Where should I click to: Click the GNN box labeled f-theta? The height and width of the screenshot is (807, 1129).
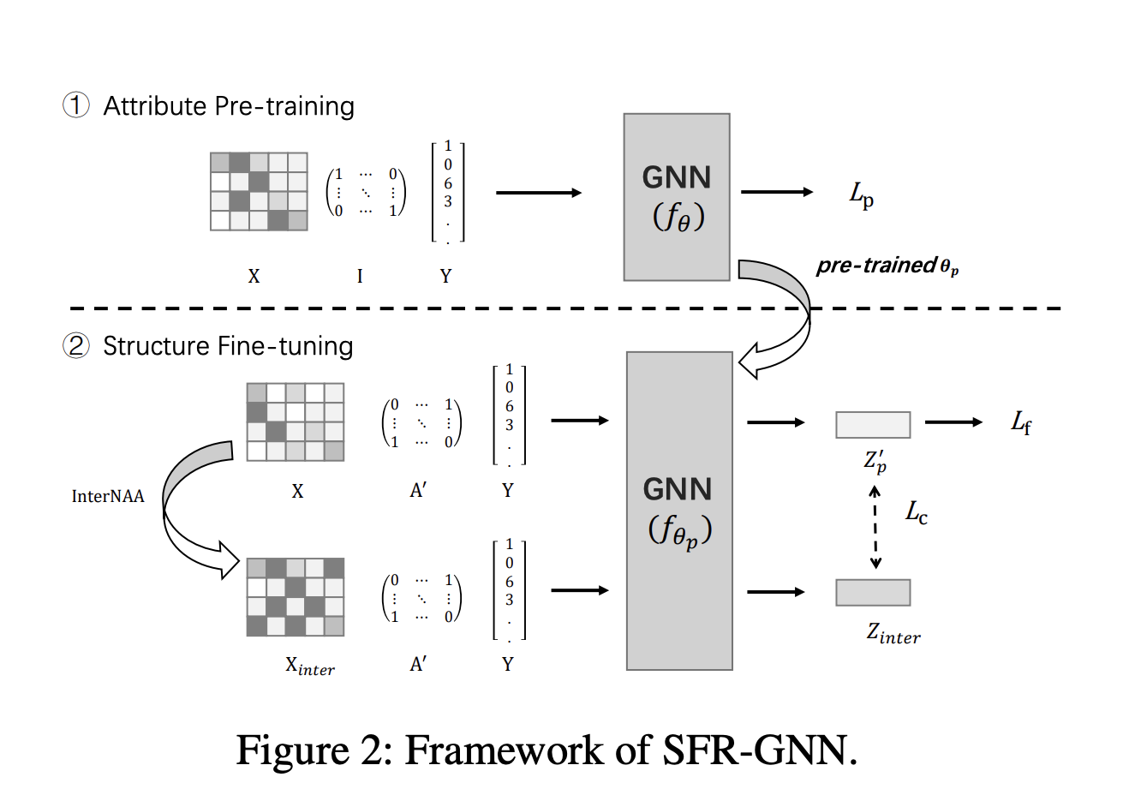coord(677,197)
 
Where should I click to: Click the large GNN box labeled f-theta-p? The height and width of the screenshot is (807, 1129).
coord(679,511)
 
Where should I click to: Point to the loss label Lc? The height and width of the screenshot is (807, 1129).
coord(917,513)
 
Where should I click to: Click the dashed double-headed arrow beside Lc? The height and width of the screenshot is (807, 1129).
coord(875,528)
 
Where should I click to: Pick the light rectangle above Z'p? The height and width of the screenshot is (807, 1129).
coord(873,425)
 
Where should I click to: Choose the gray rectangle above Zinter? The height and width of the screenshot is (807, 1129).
coord(873,593)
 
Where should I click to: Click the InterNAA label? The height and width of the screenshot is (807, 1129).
coord(108,497)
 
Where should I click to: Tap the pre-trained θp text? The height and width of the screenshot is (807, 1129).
coord(887,266)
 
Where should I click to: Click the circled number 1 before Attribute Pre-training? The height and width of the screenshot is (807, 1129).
coord(76,105)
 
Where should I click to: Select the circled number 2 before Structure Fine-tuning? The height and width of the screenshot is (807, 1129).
coord(76,346)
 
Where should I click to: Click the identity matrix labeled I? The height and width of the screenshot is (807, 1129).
coord(366,193)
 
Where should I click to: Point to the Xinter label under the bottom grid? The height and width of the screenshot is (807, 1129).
coord(310,667)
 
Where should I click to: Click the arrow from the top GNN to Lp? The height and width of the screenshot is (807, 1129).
coord(776,192)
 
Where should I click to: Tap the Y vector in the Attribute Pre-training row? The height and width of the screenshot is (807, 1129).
coord(447,194)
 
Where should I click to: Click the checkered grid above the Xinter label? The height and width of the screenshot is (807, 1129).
coord(296,597)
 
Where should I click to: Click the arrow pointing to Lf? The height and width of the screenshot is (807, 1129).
coord(953,422)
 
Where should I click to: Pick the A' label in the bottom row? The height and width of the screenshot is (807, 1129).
coord(418,665)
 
